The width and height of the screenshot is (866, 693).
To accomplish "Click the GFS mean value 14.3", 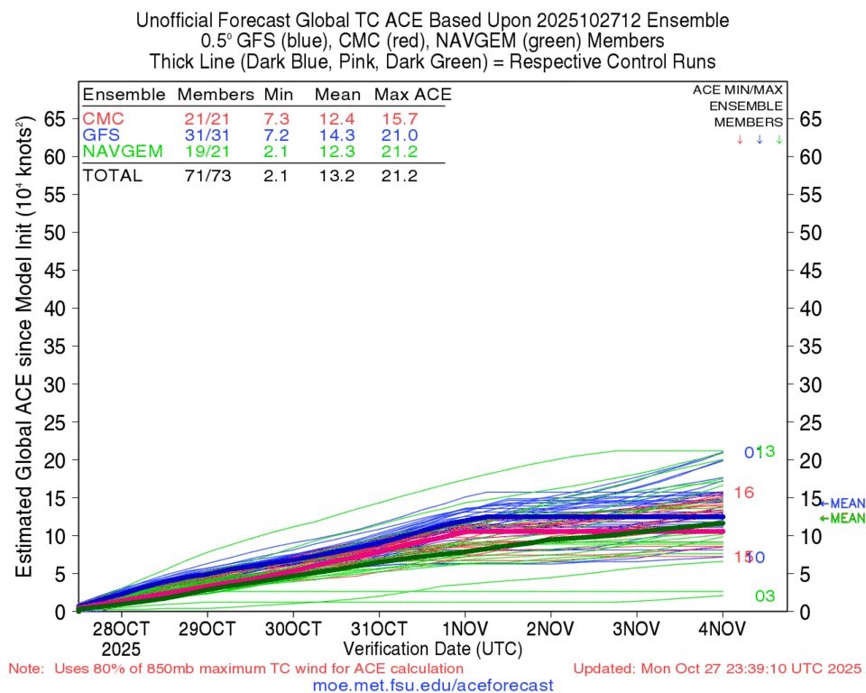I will (x=337, y=135).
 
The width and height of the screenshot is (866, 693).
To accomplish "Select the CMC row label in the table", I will (x=104, y=119).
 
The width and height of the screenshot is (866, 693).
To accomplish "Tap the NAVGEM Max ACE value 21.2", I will (x=400, y=152).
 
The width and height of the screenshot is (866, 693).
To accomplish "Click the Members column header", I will (x=216, y=95).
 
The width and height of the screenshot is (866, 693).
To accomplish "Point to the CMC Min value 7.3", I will (x=275, y=119).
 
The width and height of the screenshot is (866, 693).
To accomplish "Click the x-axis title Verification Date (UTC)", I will (x=432, y=648).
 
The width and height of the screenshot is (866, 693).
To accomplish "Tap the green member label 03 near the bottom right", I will (x=765, y=596).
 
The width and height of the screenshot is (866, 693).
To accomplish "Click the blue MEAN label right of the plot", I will (x=846, y=504).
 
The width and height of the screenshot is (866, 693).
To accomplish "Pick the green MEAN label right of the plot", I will (x=846, y=518).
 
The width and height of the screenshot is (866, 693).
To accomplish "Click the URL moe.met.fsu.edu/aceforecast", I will (x=432, y=686).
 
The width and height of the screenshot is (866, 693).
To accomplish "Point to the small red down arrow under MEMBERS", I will (x=740, y=140).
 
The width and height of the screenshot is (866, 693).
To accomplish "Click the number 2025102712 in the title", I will (x=576, y=20).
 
